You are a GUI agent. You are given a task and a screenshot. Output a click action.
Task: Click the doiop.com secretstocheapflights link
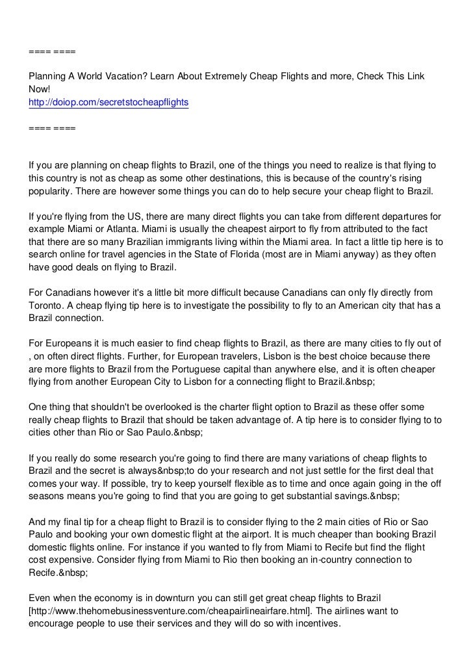tap(108, 103)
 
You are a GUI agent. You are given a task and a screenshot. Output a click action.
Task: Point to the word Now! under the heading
tap(40, 90)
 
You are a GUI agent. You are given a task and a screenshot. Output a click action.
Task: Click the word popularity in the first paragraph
tap(51, 193)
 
